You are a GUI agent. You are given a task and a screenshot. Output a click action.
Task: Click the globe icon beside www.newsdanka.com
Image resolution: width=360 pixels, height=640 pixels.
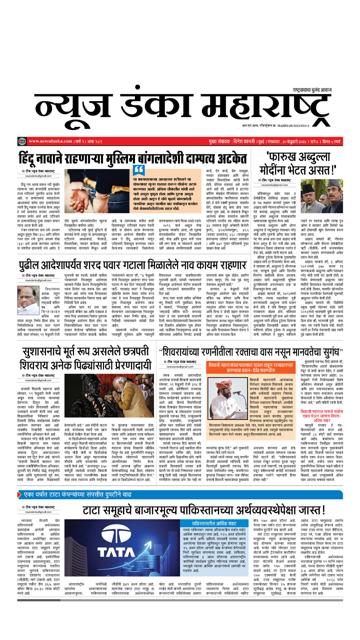(21, 141)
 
